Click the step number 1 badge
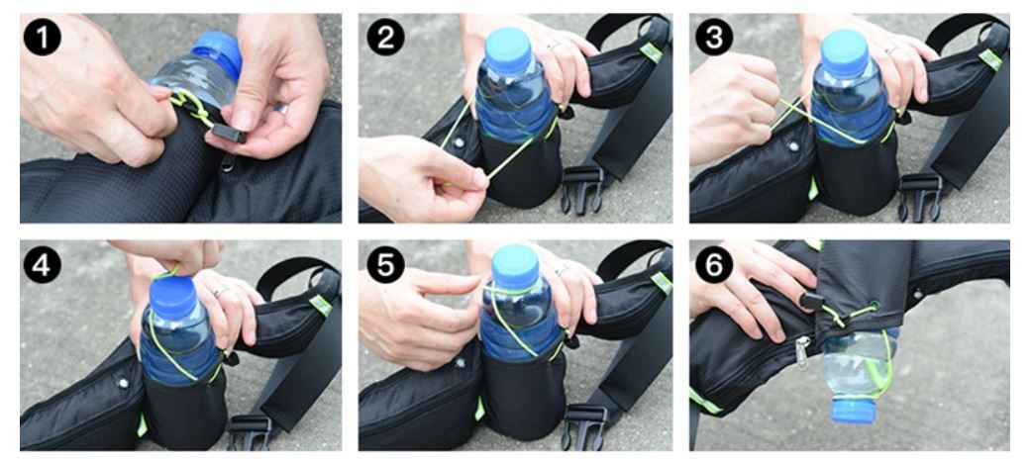tap(42, 37)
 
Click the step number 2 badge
tap(385, 37)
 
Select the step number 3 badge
tap(714, 37)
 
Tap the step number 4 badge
tap(42, 265)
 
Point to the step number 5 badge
tap(385, 265)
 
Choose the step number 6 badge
tap(714, 265)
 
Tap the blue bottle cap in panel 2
tap(508, 49)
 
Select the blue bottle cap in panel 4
tap(173, 298)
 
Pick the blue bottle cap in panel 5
tap(515, 266)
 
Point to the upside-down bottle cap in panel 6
tap(854, 410)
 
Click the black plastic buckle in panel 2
tap(582, 188)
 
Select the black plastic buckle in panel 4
tap(250, 431)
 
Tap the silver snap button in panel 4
tap(122, 382)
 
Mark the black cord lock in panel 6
tap(813, 302)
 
